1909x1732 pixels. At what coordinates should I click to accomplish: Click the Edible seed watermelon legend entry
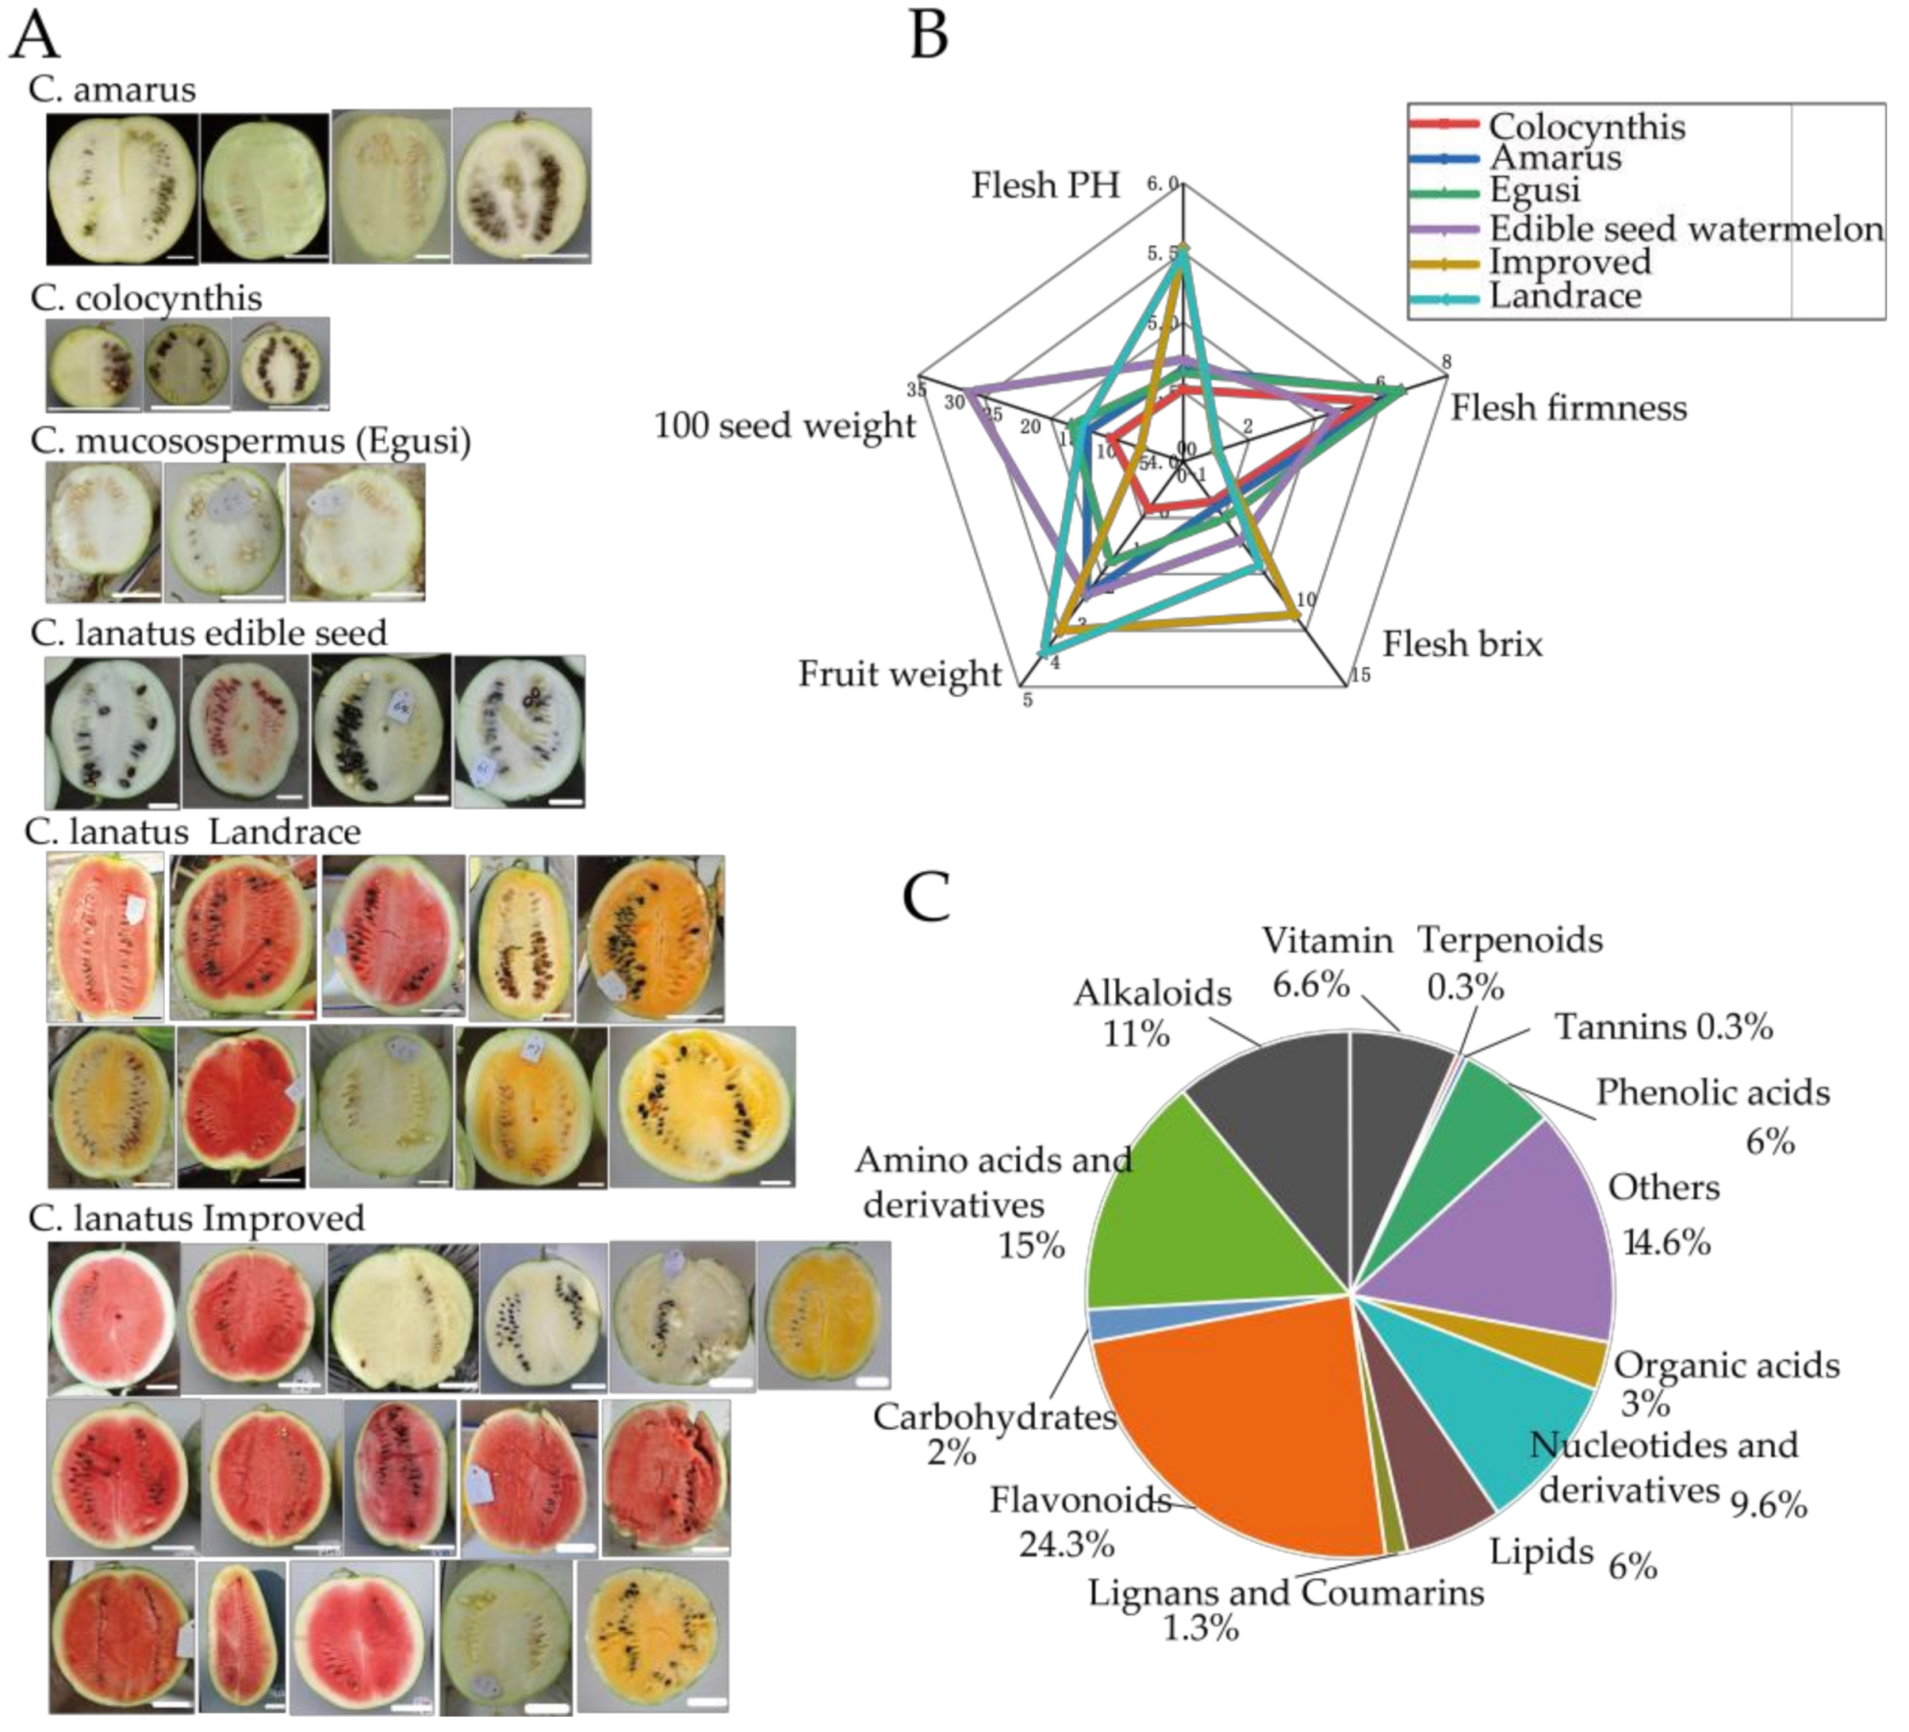pos(1685,229)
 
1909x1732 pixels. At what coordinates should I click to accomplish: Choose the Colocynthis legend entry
pos(1586,127)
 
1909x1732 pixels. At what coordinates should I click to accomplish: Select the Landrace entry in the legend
pos(1564,295)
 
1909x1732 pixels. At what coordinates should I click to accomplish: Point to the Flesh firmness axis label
pos(1568,407)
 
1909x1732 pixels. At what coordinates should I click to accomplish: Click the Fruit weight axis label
pos(899,674)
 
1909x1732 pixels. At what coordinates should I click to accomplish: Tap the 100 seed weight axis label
pos(784,426)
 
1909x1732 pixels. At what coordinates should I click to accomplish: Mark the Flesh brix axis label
pos(1461,643)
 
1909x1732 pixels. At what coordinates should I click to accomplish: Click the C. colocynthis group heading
pos(146,297)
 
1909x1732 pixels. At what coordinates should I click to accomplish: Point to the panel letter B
pos(928,35)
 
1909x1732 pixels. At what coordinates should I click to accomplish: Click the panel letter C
pos(926,896)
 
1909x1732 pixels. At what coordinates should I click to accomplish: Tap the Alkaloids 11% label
pos(1152,1013)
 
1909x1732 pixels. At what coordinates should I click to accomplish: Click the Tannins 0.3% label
pos(1663,1027)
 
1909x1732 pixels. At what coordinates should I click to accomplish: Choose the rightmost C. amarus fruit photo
pos(521,186)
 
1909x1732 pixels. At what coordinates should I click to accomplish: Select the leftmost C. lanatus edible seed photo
pos(111,732)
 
